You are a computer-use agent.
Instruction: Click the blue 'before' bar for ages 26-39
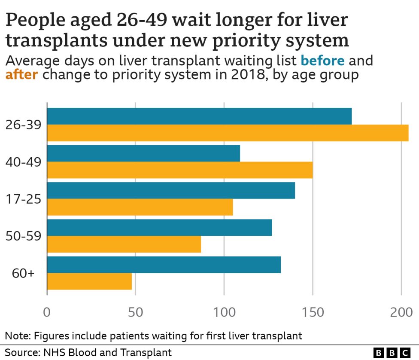pyautogui.click(x=199, y=116)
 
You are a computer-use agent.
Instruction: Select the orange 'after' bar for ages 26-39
pyautogui.click(x=228, y=133)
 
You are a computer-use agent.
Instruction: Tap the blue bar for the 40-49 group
pyautogui.click(x=143, y=153)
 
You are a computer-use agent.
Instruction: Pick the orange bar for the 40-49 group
pyautogui.click(x=180, y=170)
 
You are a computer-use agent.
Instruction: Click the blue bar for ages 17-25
pyautogui.click(x=171, y=191)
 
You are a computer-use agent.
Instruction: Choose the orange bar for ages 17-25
pyautogui.click(x=140, y=207)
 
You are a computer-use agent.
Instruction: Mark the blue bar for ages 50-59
pyautogui.click(x=159, y=228)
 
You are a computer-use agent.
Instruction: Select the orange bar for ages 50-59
pyautogui.click(x=124, y=244)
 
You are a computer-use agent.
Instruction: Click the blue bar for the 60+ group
pyautogui.click(x=164, y=265)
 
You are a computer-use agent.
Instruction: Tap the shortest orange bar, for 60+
pyautogui.click(x=89, y=281)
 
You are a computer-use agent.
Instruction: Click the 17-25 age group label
pyautogui.click(x=23, y=199)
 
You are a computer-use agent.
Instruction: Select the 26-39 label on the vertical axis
pyautogui.click(x=23, y=125)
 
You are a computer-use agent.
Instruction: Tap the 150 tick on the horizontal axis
pyautogui.click(x=313, y=312)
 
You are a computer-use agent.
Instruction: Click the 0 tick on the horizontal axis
pyautogui.click(x=47, y=312)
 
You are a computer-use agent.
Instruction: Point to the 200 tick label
pyautogui.click(x=401, y=312)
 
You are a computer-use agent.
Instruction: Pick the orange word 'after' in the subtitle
pyautogui.click(x=21, y=75)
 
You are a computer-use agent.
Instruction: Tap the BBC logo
pyautogui.click(x=392, y=353)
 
